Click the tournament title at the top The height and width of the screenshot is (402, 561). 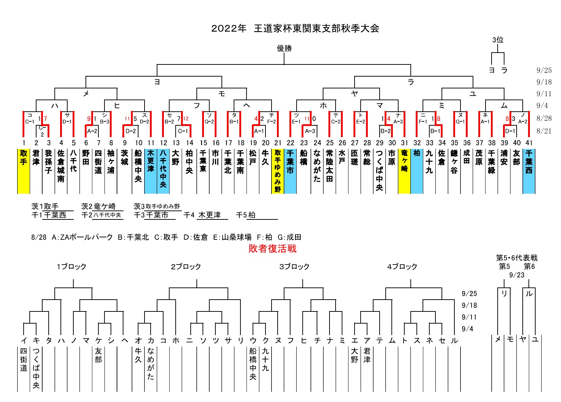(x=295, y=29)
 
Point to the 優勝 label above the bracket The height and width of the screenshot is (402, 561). (x=284, y=48)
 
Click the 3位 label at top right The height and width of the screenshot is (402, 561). (x=498, y=40)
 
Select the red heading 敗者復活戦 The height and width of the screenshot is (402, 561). (x=272, y=248)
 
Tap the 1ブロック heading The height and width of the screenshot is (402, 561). (x=71, y=267)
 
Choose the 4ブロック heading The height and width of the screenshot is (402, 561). (x=402, y=267)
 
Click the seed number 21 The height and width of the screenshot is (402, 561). (x=278, y=143)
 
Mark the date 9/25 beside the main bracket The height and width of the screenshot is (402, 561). (x=544, y=71)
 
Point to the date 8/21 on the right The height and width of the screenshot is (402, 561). (x=544, y=131)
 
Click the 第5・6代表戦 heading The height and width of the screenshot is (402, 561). (x=517, y=258)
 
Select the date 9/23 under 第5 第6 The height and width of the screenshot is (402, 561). (x=517, y=275)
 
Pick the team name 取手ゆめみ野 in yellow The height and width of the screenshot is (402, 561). (x=278, y=170)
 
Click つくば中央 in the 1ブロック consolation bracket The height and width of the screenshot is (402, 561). (x=36, y=368)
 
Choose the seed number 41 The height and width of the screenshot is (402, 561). (x=529, y=143)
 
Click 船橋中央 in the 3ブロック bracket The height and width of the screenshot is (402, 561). (x=253, y=364)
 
